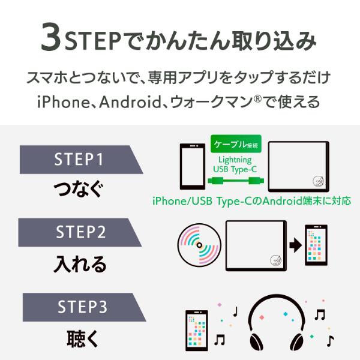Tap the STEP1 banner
click(x=78, y=160)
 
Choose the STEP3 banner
click(x=78, y=307)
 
